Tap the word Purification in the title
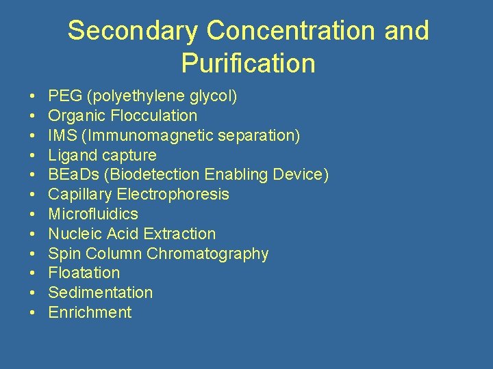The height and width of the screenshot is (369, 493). click(x=248, y=64)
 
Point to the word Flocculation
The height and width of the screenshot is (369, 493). click(x=154, y=115)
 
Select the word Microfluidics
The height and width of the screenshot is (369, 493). click(x=93, y=214)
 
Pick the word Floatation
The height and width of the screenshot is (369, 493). click(x=84, y=273)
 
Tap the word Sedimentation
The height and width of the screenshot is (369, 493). click(x=101, y=292)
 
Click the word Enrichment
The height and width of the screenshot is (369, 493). click(x=90, y=312)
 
